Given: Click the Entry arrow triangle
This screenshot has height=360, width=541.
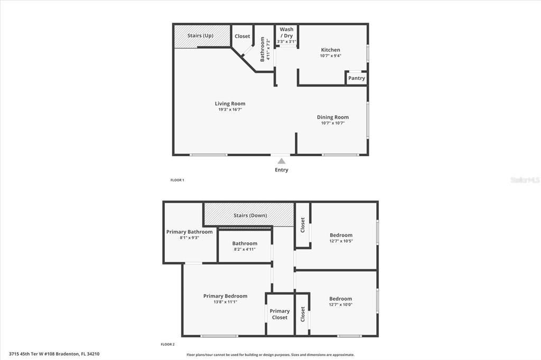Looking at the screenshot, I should click(282, 161).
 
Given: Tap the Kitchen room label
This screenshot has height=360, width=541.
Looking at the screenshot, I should click(331, 50).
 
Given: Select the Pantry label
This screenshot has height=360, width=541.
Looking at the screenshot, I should click(357, 78).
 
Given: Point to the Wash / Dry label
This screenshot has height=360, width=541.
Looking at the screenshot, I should click(286, 33).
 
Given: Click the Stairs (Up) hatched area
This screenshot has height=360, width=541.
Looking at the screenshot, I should click(201, 36).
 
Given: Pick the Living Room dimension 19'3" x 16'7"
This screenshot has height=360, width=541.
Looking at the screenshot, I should click(230, 110).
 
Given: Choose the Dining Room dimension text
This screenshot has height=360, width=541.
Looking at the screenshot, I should click(333, 123).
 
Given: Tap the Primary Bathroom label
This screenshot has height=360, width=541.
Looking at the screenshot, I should click(189, 232).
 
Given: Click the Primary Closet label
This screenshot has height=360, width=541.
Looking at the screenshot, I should click(279, 314).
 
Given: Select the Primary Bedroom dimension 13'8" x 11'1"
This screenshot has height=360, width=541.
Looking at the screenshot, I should click(225, 302).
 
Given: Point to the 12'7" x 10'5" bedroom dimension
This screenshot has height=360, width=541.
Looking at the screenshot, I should click(341, 241).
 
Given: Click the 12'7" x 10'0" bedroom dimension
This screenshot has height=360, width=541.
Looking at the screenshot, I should click(340, 305).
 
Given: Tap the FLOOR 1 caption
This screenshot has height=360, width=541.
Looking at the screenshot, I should click(177, 180).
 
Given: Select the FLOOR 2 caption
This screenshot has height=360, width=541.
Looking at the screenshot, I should click(167, 344).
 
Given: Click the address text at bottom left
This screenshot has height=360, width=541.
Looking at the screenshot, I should click(54, 354).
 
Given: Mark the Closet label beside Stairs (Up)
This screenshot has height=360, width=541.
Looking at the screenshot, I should click(242, 36).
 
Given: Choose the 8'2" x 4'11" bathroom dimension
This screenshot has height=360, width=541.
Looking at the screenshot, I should click(245, 249).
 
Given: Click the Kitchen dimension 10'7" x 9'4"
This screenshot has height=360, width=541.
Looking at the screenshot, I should click(331, 56).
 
